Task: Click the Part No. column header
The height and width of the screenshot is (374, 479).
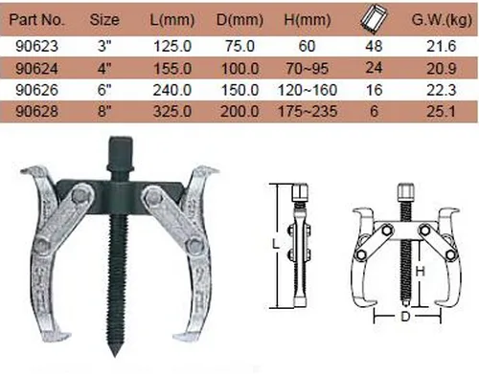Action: [37, 20]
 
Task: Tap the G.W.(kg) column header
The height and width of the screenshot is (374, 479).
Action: [442, 20]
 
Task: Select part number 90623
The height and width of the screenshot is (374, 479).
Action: [37, 47]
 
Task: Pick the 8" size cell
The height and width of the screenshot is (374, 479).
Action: [104, 111]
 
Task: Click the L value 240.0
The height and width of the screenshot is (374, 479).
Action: [172, 90]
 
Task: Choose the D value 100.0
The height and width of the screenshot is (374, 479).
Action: [239, 69]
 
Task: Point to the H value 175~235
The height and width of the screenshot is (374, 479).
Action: [308, 111]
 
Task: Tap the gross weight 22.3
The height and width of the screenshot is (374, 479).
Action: [442, 90]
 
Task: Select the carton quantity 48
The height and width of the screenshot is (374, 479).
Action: [374, 47]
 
